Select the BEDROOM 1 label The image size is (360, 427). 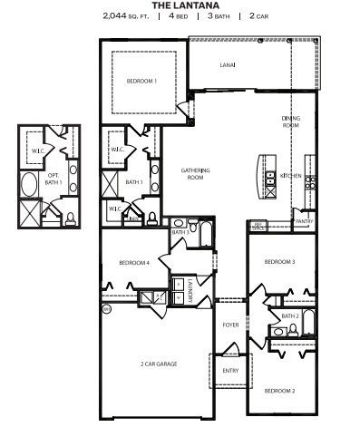click(142, 82)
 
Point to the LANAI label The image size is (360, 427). click(229, 65)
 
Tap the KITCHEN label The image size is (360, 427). click(290, 176)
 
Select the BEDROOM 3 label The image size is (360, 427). click(279, 262)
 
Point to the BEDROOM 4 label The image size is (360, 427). click(133, 263)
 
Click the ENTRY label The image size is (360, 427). click(230, 371)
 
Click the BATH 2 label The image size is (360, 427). click(290, 315)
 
